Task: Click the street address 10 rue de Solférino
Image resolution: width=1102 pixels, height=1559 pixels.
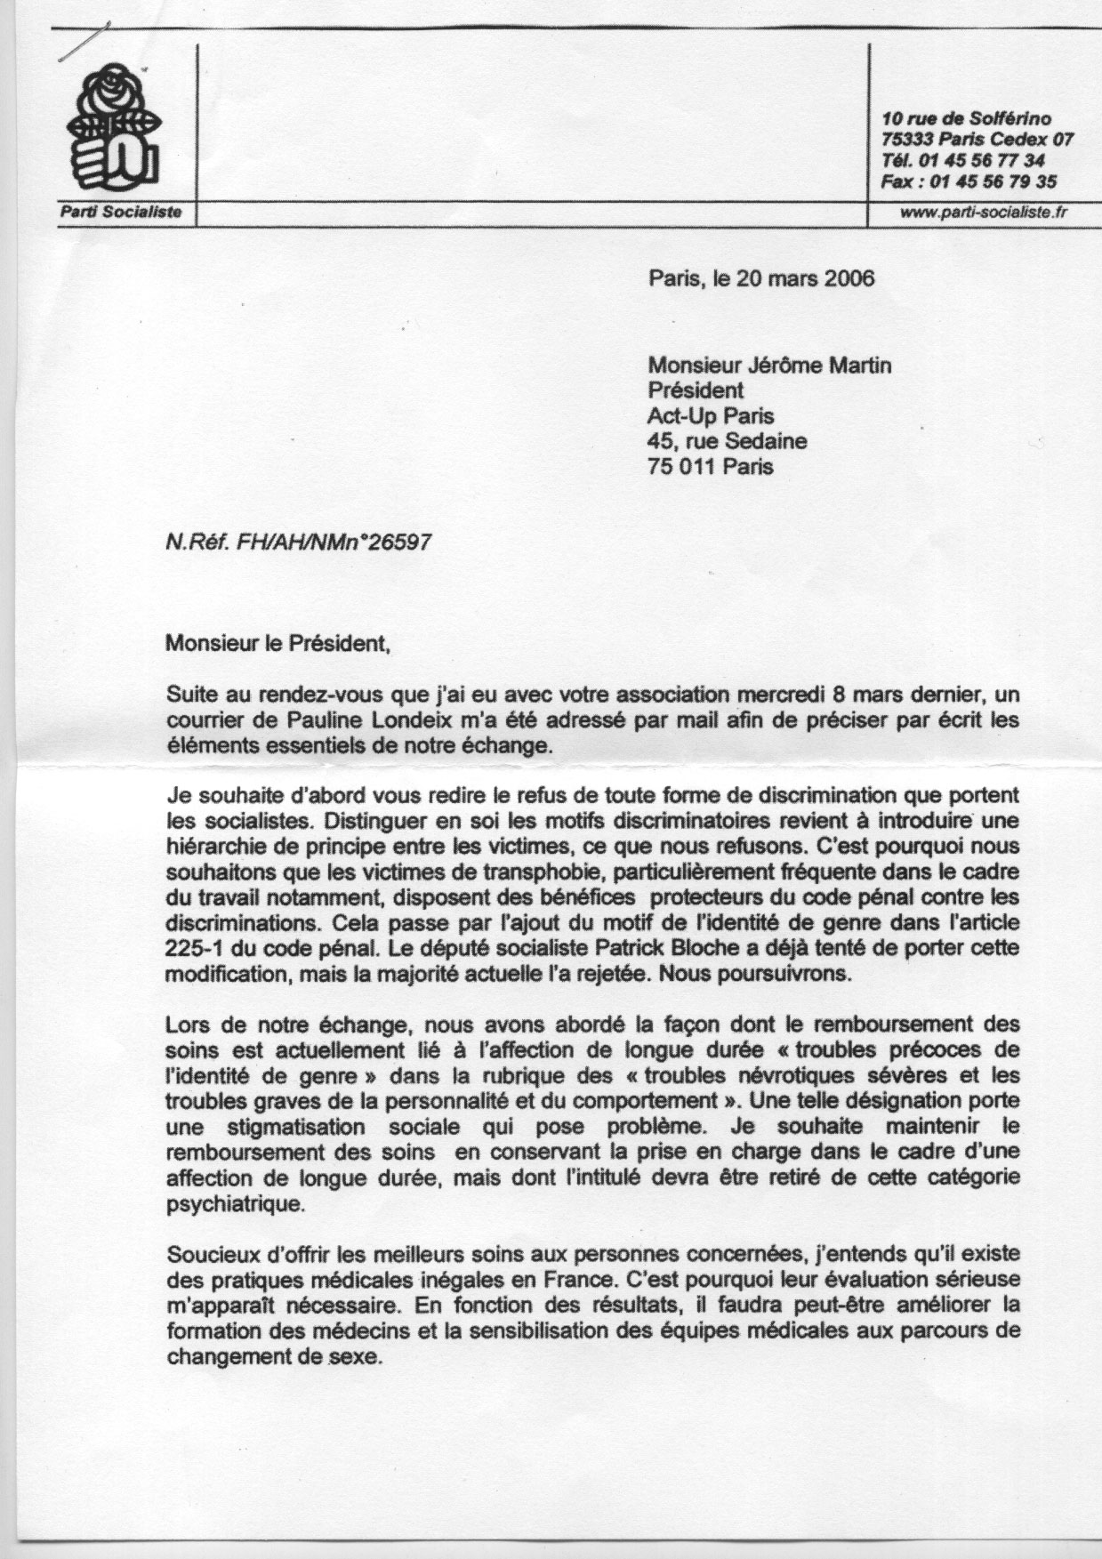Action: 966,118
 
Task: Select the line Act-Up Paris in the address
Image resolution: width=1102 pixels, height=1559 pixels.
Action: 712,416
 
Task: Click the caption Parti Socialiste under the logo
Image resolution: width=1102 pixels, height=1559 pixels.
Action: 121,212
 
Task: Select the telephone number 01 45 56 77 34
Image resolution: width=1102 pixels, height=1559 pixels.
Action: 983,161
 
